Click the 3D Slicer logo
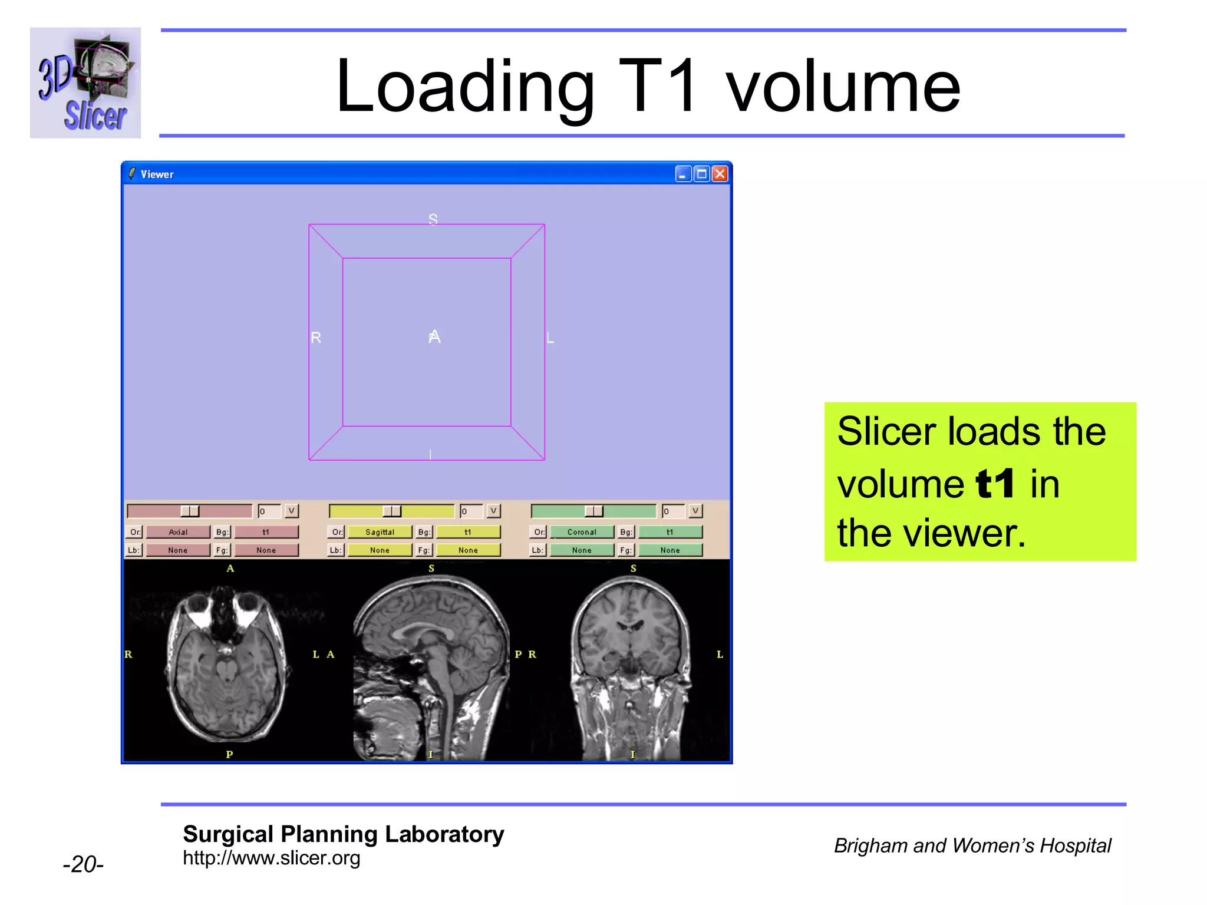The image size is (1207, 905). pyautogui.click(x=85, y=82)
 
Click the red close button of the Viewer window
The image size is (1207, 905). pyautogui.click(x=720, y=174)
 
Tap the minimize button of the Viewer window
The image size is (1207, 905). pyautogui.click(x=683, y=174)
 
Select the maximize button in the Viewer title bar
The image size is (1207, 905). pyautogui.click(x=701, y=174)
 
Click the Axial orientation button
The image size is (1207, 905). pyautogui.click(x=178, y=532)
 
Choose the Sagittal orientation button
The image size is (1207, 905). pyautogui.click(x=380, y=532)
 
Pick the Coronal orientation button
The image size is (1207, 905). pyautogui.click(x=582, y=532)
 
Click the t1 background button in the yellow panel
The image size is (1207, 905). pyautogui.click(x=468, y=532)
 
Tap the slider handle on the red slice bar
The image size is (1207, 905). pyautogui.click(x=190, y=511)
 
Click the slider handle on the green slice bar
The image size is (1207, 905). pyautogui.click(x=593, y=511)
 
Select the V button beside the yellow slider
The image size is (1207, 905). pyautogui.click(x=494, y=511)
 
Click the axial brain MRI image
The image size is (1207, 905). pyautogui.click(x=227, y=663)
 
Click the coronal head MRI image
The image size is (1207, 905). pyautogui.click(x=631, y=663)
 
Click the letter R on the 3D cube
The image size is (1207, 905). pyautogui.click(x=316, y=338)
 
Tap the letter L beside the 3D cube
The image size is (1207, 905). pyautogui.click(x=550, y=338)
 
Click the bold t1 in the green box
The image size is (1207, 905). pyautogui.click(x=995, y=484)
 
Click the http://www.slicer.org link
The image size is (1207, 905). pyautogui.click(x=271, y=858)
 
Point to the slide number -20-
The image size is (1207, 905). pyautogui.click(x=83, y=864)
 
